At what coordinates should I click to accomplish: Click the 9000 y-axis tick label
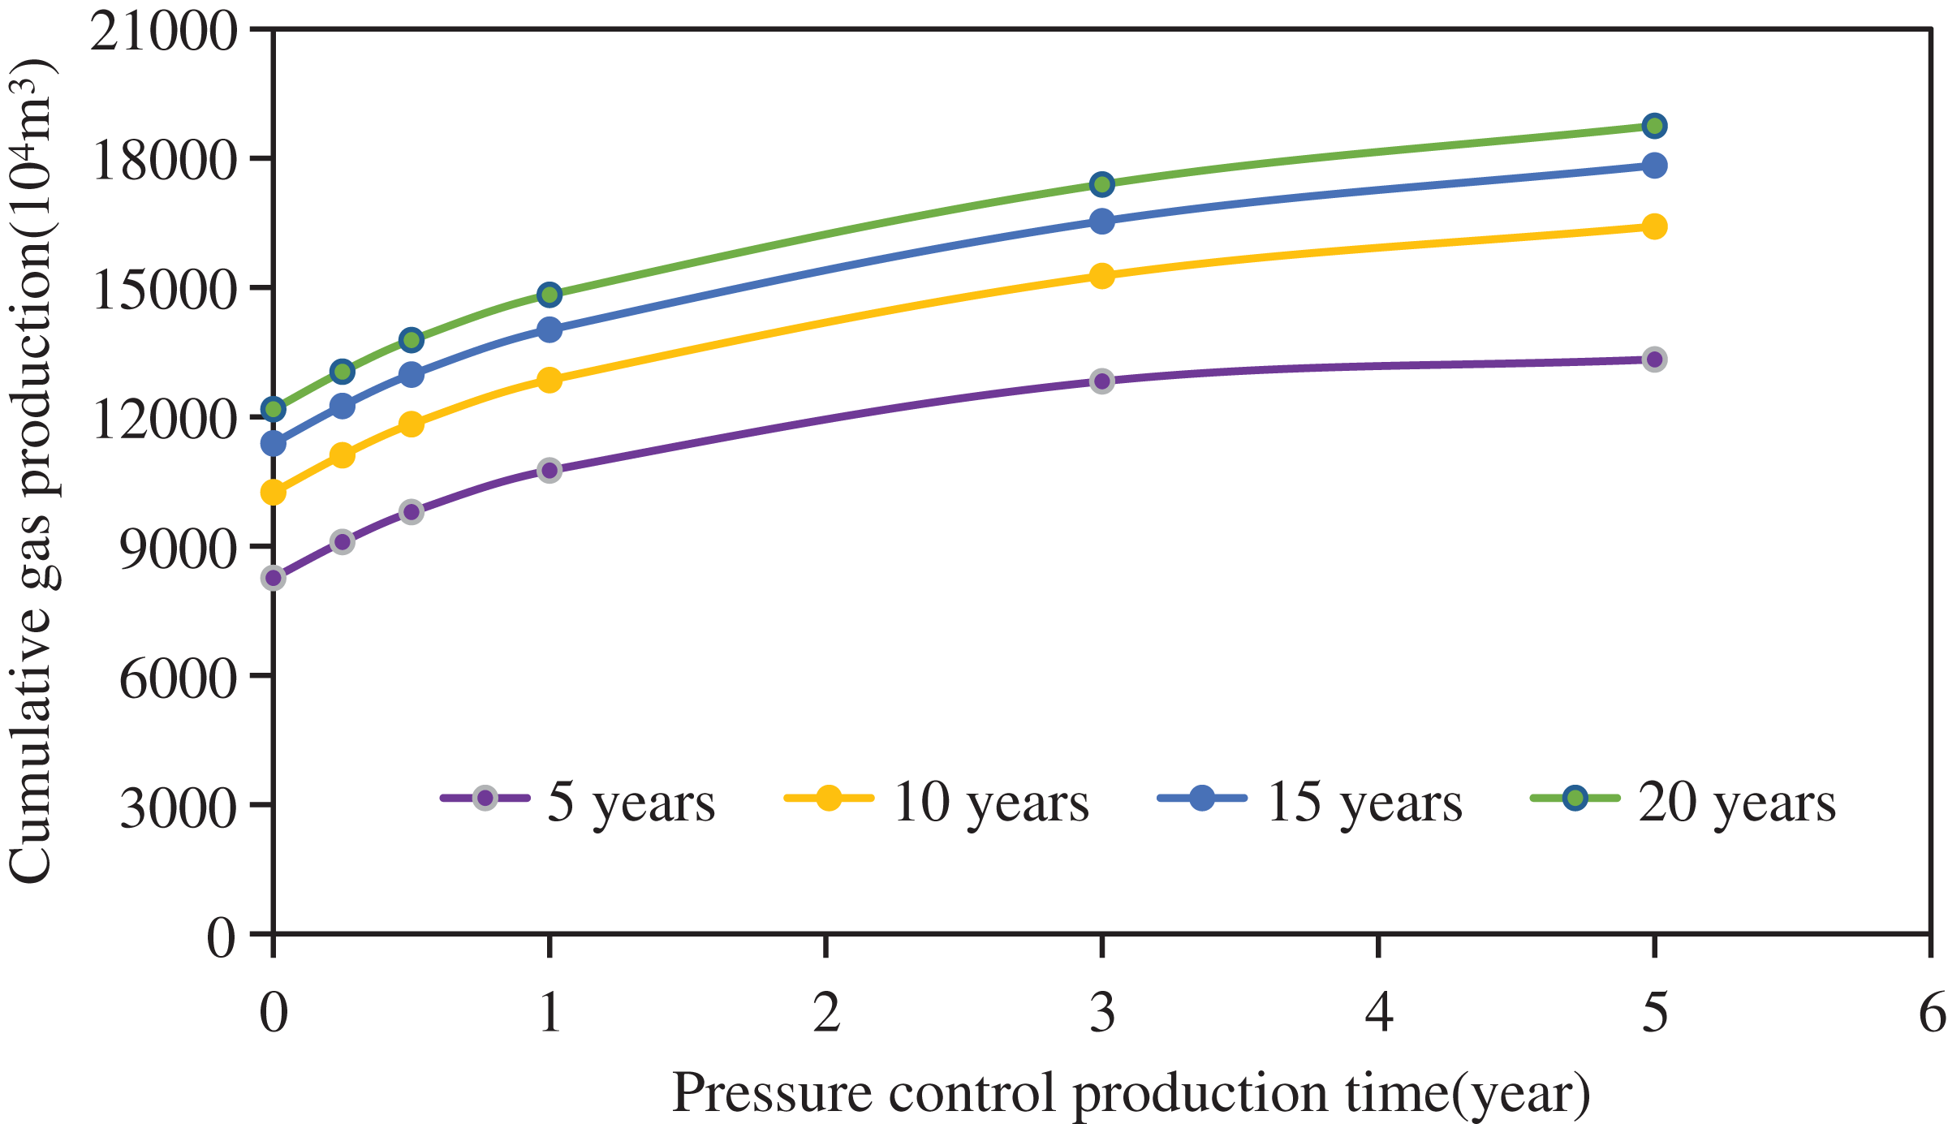pyautogui.click(x=178, y=549)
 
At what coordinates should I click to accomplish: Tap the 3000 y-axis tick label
pyautogui.click(x=178, y=807)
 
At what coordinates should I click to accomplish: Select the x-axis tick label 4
pyautogui.click(x=1378, y=1013)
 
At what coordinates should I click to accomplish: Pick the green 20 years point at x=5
pyautogui.click(x=1654, y=126)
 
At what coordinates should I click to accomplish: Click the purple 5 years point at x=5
pyautogui.click(x=1654, y=360)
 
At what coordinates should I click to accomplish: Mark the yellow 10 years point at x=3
pyautogui.click(x=1101, y=276)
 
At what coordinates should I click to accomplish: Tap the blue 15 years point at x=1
pyautogui.click(x=549, y=329)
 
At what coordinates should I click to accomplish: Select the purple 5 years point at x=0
pyautogui.click(x=274, y=578)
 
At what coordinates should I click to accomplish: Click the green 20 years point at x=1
pyautogui.click(x=549, y=294)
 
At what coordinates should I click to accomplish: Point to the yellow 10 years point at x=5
pyautogui.click(x=1654, y=226)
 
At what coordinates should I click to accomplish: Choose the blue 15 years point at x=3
pyautogui.click(x=1101, y=222)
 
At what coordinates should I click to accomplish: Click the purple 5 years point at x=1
pyautogui.click(x=549, y=470)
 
